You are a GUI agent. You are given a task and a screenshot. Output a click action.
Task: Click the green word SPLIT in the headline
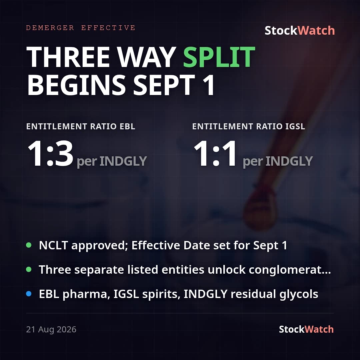(219, 57)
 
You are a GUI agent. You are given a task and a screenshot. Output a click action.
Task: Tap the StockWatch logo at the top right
(300, 31)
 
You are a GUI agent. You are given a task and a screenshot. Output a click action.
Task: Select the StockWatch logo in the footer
(306, 329)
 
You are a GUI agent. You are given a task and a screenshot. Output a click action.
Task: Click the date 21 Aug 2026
(51, 329)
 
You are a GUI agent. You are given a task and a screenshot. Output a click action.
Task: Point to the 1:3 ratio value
(50, 154)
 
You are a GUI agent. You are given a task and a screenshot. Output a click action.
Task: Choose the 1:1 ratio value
(215, 154)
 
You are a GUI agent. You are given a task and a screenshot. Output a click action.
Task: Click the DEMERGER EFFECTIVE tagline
(81, 28)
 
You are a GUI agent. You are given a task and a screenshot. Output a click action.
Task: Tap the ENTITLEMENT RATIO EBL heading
(81, 127)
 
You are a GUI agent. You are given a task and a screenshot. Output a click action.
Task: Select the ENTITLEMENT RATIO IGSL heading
(249, 127)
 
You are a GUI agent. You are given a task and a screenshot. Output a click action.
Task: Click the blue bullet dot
(29, 294)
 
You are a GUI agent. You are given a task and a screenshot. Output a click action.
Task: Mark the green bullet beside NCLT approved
(29, 245)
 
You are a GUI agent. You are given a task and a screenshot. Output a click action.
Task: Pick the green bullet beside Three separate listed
(29, 269)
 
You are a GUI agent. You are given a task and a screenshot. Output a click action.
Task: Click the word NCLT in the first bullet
(53, 245)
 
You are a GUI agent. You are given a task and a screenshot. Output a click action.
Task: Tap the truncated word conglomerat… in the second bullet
(290, 270)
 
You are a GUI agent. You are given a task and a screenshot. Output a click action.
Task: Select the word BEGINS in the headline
(77, 85)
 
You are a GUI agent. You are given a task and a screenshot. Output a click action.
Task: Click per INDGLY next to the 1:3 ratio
(112, 161)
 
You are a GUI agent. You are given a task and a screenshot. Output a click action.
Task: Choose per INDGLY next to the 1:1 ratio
(278, 161)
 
